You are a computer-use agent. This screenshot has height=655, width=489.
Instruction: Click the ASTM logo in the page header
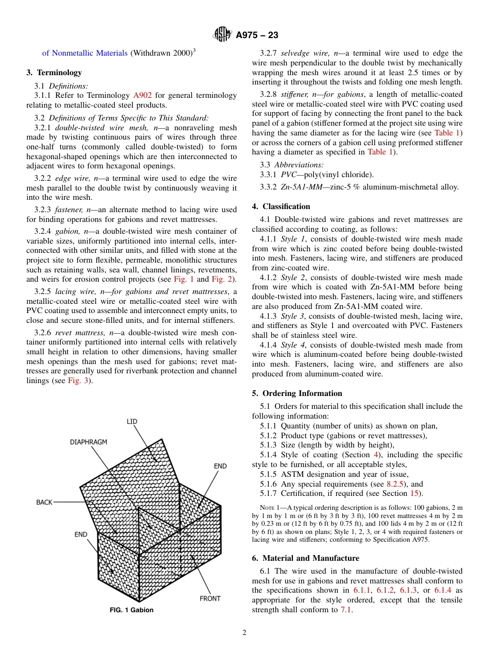pos(222,35)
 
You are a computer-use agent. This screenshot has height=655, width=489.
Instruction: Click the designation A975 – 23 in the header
pos(257,35)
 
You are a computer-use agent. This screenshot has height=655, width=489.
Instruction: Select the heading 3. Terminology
pos(54,73)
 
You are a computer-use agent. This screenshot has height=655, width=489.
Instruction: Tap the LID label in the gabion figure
pos(132,421)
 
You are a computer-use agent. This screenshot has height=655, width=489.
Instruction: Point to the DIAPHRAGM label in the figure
pos(89,442)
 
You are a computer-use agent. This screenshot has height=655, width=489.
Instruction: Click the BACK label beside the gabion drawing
pos(44,502)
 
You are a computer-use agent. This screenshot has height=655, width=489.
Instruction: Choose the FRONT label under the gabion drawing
pos(210,598)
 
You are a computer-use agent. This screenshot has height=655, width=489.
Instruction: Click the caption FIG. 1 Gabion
pos(132,610)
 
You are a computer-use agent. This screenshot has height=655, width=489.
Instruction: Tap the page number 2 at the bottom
pos(244,633)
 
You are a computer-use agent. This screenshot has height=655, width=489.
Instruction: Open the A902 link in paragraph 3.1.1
pos(143,95)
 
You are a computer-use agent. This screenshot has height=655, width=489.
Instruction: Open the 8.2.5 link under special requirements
pos(395,484)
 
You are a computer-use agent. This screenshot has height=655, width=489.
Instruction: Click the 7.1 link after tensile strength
pos(347,610)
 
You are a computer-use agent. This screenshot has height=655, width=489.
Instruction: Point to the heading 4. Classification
pos(281,206)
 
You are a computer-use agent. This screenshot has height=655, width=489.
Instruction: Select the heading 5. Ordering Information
pos(297,393)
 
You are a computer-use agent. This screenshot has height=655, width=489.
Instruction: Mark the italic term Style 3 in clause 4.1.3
pos(292,316)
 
